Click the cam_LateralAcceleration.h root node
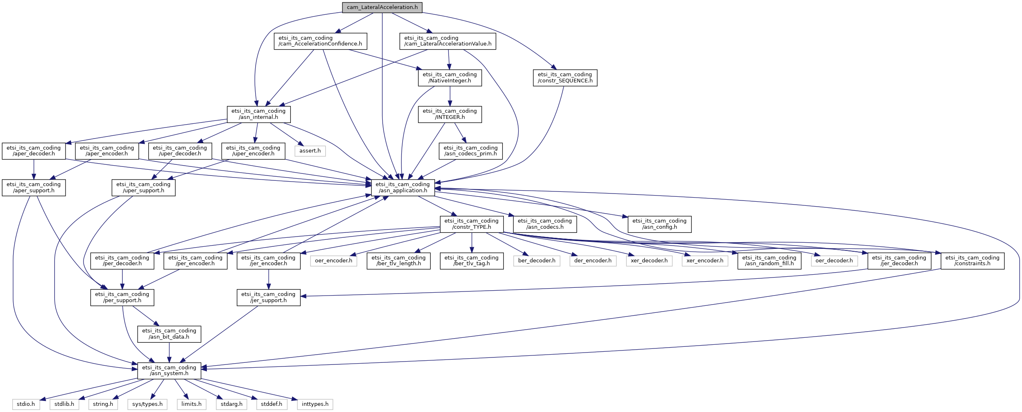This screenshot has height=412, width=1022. click(x=382, y=7)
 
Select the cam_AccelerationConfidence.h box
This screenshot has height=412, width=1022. click(x=320, y=41)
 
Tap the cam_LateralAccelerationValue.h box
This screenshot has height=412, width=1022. click(x=448, y=41)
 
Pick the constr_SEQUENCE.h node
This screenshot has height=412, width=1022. click(x=565, y=78)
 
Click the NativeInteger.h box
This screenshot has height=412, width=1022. click(x=450, y=78)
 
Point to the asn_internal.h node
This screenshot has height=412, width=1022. click(x=259, y=114)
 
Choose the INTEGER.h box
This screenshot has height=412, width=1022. click(x=450, y=114)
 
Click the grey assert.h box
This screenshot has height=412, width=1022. click(x=310, y=151)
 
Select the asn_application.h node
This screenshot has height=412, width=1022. click(x=403, y=188)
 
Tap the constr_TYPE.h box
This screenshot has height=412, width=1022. click(x=471, y=224)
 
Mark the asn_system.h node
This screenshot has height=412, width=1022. click(x=169, y=371)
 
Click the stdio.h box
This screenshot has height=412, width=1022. click(x=26, y=404)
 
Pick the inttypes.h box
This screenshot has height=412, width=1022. click(x=315, y=404)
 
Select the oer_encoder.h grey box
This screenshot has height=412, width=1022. click(x=333, y=261)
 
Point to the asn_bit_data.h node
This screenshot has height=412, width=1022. click(x=169, y=334)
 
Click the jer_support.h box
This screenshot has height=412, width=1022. click(x=269, y=298)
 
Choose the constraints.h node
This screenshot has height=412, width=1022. click(x=972, y=261)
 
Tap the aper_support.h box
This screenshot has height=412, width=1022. click(x=34, y=188)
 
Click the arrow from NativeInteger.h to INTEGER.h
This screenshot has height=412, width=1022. click(x=450, y=96)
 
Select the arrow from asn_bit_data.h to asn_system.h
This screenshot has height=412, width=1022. click(x=169, y=353)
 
